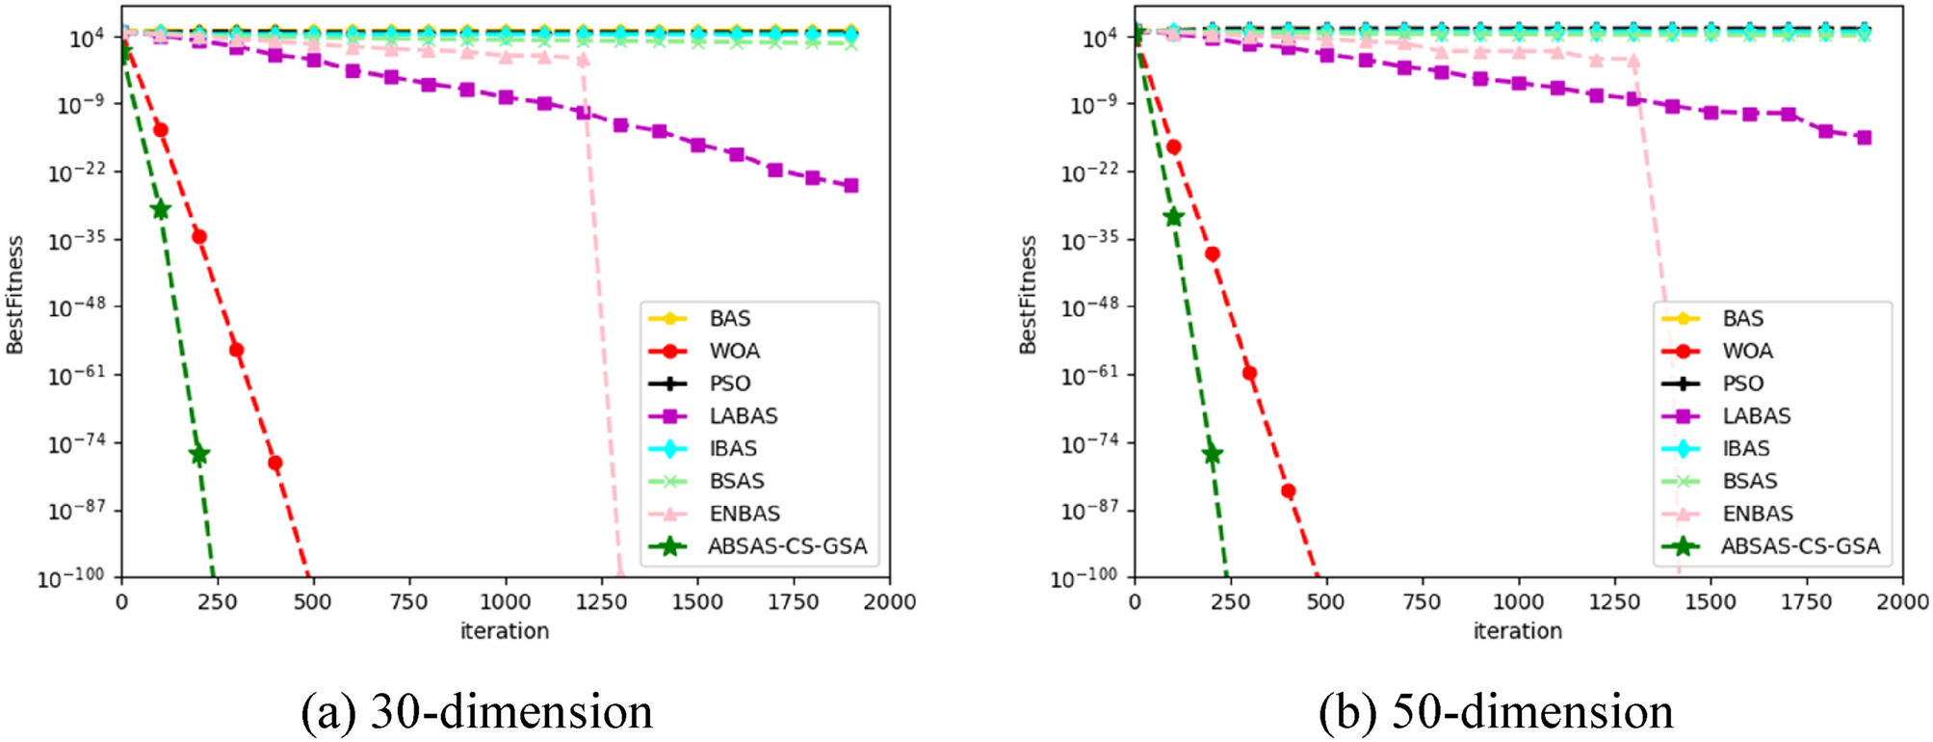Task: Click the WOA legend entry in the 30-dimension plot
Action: [x=734, y=351]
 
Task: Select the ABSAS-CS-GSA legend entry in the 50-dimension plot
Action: [x=1799, y=546]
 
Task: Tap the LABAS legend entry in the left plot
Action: [x=743, y=415]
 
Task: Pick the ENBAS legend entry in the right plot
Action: [x=1757, y=514]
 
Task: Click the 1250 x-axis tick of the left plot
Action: [x=601, y=602]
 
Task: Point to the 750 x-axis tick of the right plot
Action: [x=1422, y=602]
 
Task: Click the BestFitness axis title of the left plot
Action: [x=15, y=295]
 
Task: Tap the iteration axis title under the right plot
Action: [x=1517, y=631]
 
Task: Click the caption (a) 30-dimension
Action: [x=477, y=712]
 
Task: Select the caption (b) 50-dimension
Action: [x=1496, y=712]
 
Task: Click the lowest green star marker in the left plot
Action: [x=198, y=454]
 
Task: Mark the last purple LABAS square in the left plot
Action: [x=850, y=185]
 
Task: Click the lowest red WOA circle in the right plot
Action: [x=1288, y=491]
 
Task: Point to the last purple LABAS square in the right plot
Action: [x=1864, y=138]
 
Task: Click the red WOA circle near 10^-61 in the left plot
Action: [x=236, y=350]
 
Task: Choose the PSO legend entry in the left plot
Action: [x=729, y=384]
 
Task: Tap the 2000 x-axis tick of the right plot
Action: [x=1902, y=602]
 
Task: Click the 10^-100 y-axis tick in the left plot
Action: [x=71, y=578]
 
